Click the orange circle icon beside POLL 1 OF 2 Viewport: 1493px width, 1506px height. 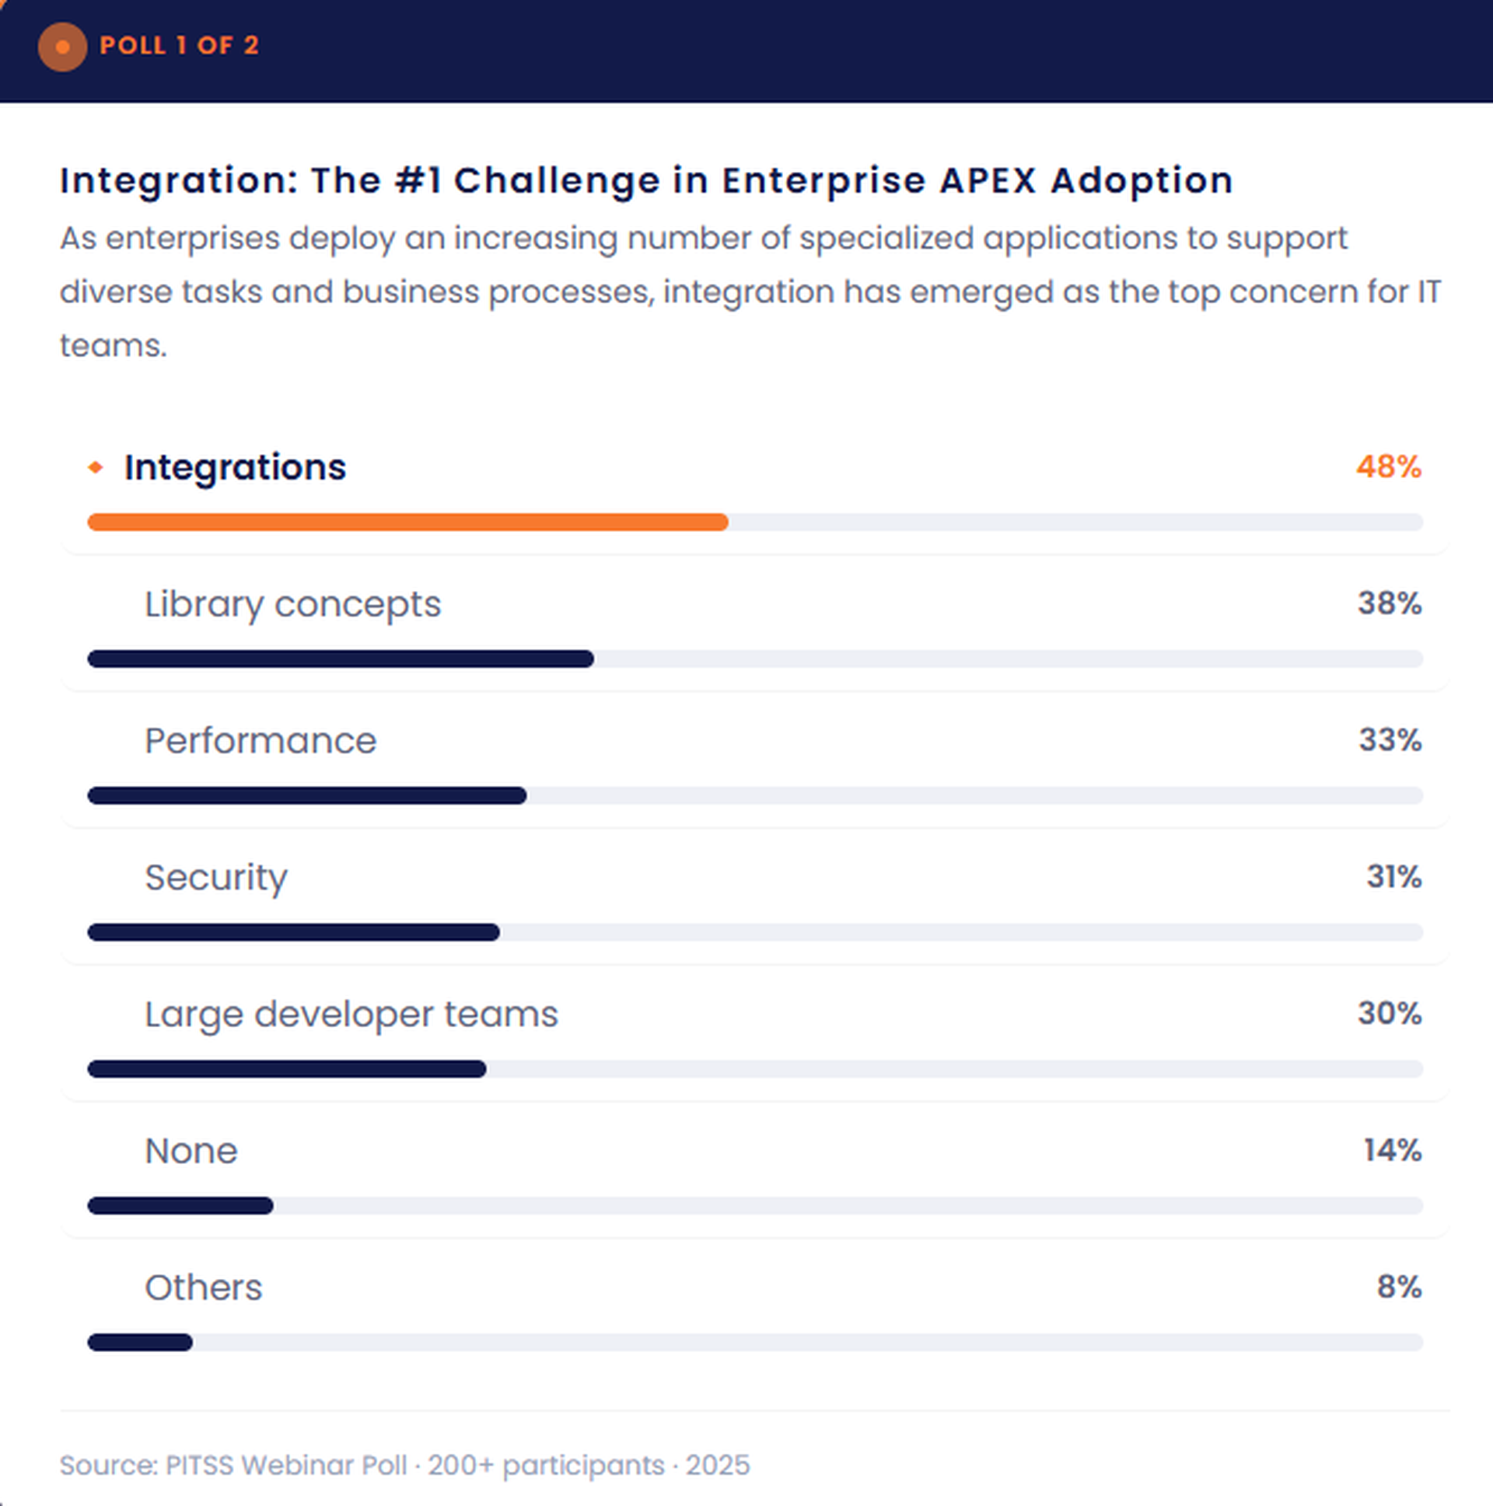tap(62, 47)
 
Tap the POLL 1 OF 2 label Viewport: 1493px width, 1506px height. tap(179, 45)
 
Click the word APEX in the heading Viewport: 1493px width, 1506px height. tap(988, 180)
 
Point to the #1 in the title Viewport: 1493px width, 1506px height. tap(418, 180)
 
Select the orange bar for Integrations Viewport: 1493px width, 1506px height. tap(407, 522)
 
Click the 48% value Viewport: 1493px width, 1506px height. tap(1388, 467)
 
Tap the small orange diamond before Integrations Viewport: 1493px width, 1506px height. tap(95, 467)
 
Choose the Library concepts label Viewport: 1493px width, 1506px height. tap(292, 604)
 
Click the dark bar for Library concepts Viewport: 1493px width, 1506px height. tap(341, 659)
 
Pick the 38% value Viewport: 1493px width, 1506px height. tap(1390, 603)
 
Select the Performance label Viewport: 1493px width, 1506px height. tap(260, 740)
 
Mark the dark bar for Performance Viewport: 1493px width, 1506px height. tap(307, 795)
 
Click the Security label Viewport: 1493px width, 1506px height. tap(216, 877)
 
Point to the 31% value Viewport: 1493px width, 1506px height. tap(1393, 877)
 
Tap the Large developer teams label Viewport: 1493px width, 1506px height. tap(351, 1013)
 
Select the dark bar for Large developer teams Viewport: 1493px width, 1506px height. tap(287, 1069)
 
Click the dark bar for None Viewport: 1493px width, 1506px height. tap(180, 1206)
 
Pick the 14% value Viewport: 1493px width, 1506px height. tap(1392, 1151)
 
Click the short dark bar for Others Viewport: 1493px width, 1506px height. tap(140, 1342)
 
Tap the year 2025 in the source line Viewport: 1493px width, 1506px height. tap(717, 1466)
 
